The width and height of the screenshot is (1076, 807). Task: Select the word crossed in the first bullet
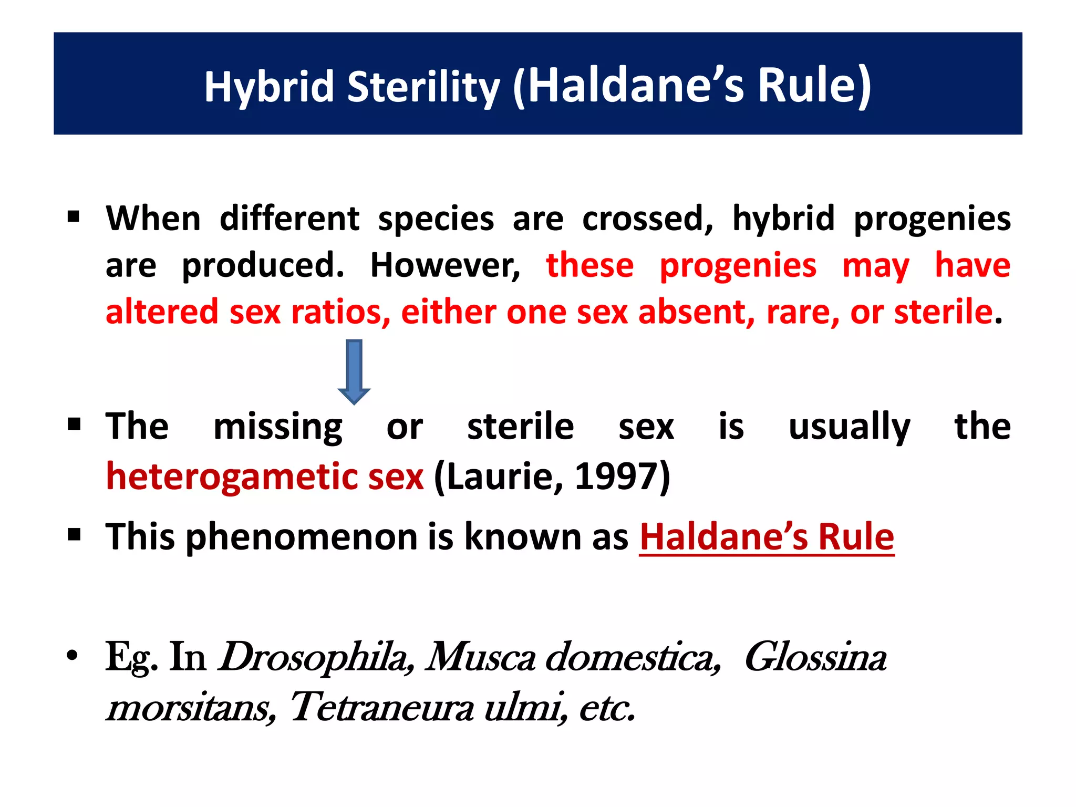pyautogui.click(x=648, y=219)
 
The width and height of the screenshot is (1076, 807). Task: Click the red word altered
pyautogui.click(x=162, y=312)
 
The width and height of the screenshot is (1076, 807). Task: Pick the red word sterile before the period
pyautogui.click(x=943, y=312)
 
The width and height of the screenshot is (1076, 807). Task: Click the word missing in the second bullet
pyautogui.click(x=278, y=427)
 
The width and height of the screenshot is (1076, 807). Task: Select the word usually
pyautogui.click(x=850, y=427)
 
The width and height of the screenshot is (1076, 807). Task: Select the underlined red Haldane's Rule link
pyautogui.click(x=767, y=537)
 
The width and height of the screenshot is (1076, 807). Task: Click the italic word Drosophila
pyautogui.click(x=314, y=657)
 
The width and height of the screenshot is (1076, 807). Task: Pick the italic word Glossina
pyautogui.click(x=815, y=657)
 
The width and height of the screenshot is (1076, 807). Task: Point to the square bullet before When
pyautogui.click(x=74, y=216)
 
